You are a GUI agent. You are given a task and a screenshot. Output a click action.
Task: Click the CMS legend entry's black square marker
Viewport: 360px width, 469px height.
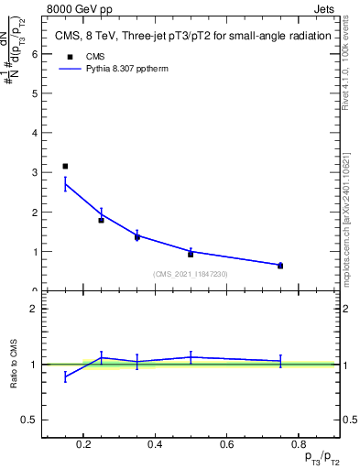(x=65, y=55)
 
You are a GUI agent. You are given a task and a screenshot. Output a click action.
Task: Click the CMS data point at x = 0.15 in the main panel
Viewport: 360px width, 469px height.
(x=65, y=166)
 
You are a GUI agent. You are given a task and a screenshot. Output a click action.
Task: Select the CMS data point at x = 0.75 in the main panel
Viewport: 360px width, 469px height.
(x=280, y=266)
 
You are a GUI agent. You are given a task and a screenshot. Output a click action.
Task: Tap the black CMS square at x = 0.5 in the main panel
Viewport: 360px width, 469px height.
(x=191, y=254)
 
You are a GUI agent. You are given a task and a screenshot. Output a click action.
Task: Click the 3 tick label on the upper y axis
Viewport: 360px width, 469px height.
(x=34, y=172)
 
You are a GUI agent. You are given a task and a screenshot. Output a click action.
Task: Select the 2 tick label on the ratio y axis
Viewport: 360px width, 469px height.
(x=34, y=309)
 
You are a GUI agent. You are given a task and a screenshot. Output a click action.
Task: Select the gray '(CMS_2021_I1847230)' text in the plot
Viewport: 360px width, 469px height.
(x=191, y=275)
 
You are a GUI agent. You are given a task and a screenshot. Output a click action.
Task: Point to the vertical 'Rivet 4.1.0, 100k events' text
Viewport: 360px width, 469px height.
(x=351, y=69)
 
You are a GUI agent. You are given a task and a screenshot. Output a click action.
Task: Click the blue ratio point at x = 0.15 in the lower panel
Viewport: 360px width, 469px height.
(x=65, y=376)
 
